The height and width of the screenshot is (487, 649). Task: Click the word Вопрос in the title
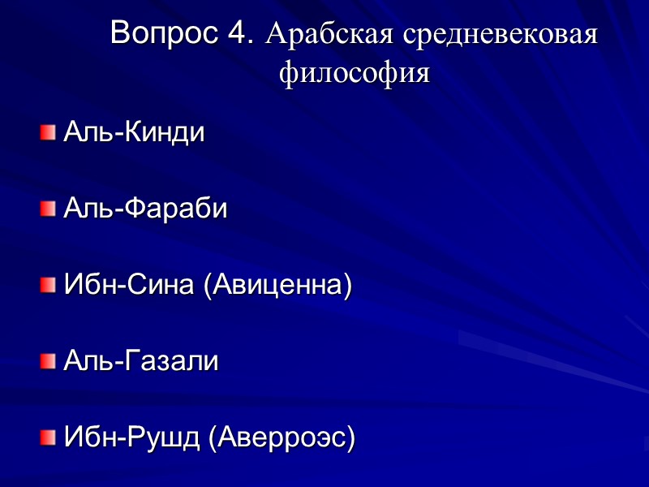point(162,33)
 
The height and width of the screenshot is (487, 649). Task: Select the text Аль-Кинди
point(134,131)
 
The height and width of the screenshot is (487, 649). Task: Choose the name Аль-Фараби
point(145,209)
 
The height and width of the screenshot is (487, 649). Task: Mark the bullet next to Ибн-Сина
point(49,286)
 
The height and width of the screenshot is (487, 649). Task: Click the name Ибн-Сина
point(130,286)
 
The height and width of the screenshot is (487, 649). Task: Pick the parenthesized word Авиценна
point(277,287)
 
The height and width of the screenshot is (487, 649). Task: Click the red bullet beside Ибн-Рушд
point(49,438)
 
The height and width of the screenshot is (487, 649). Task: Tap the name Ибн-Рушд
point(132,439)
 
